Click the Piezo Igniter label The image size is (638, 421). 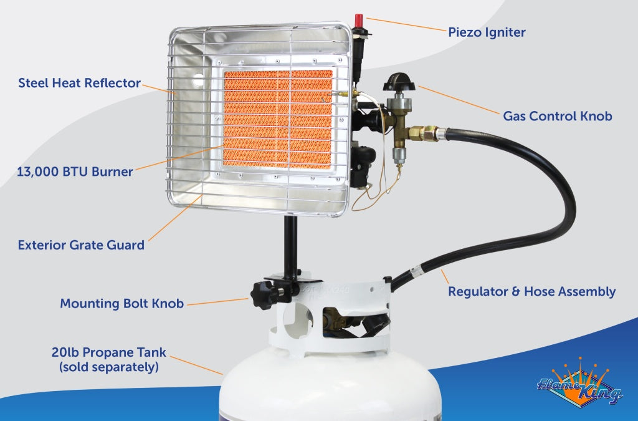487,32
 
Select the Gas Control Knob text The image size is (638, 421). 557,116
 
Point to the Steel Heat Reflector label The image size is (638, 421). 79,83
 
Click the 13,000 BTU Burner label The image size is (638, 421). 75,172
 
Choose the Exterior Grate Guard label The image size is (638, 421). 81,244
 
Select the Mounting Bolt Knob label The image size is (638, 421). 121,304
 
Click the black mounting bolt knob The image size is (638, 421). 262,294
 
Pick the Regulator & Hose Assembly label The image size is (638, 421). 532,291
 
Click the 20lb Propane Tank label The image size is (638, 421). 109,352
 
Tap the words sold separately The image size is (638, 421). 109,367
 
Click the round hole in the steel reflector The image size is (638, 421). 198,81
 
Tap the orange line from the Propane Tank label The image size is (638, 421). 196,365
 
